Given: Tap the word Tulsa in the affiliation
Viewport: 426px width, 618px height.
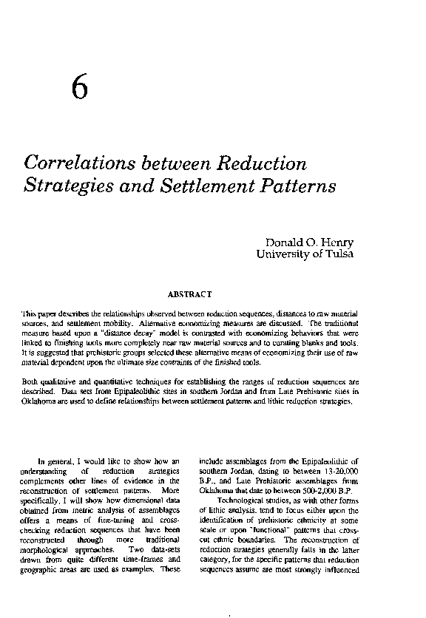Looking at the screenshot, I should pos(337,255).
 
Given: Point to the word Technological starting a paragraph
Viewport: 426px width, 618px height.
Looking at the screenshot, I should pos(241,500).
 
